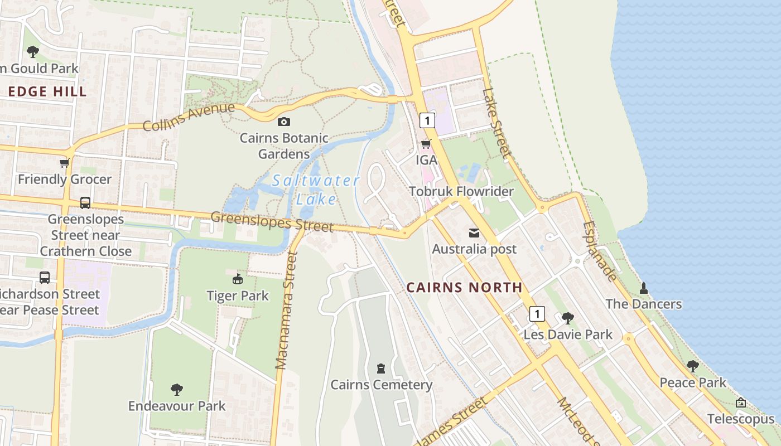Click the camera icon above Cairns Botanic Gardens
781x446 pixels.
click(x=283, y=122)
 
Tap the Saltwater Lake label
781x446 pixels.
click(x=316, y=190)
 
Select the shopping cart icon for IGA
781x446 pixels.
click(x=426, y=144)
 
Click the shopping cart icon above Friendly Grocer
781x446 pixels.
click(x=65, y=163)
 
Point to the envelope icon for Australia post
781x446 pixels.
click(x=474, y=233)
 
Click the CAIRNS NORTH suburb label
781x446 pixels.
click(x=464, y=288)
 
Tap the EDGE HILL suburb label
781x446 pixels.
click(x=48, y=92)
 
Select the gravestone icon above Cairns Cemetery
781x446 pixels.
click(x=381, y=369)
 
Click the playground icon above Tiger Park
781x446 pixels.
click(x=238, y=279)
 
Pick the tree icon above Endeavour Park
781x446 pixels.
click(x=177, y=389)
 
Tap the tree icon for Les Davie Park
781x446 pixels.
click(x=568, y=318)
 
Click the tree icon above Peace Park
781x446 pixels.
click(x=693, y=366)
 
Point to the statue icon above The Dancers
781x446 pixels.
click(x=644, y=288)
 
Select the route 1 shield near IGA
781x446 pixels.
click(x=427, y=120)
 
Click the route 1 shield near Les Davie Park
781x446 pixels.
click(x=537, y=314)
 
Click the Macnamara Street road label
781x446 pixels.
click(x=287, y=311)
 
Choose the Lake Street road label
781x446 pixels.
click(x=496, y=122)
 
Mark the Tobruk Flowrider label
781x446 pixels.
click(x=461, y=192)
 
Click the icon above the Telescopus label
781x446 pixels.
click(x=741, y=403)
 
